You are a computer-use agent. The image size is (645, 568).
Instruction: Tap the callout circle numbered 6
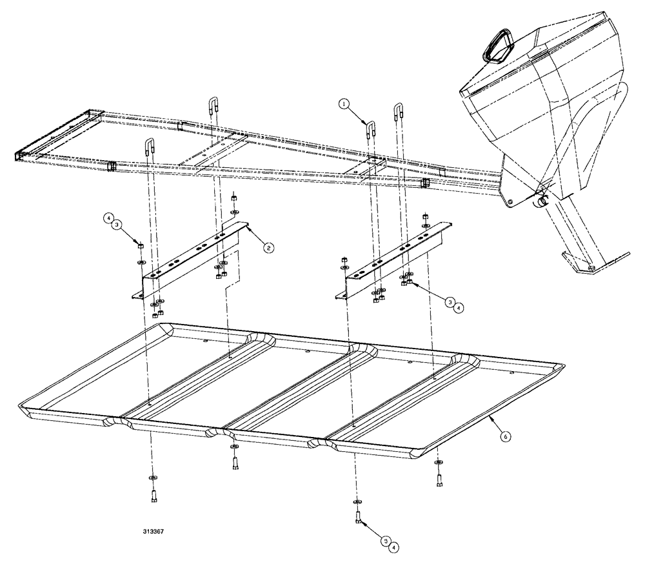point(506,436)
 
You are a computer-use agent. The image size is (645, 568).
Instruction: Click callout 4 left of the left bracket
point(109,218)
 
